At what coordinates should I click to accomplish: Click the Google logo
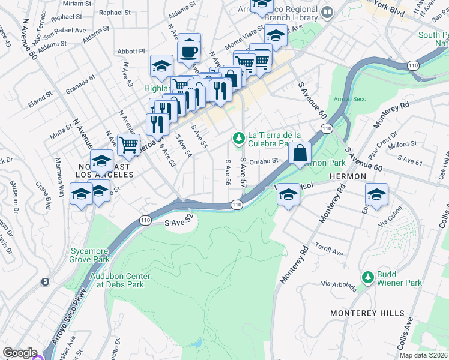pos(20,353)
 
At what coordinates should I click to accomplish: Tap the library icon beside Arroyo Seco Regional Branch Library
pos(327,12)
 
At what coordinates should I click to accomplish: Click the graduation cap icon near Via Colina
pos(376,194)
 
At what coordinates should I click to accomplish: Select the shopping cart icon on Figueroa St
pos(128,144)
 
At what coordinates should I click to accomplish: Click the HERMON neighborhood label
pos(348,176)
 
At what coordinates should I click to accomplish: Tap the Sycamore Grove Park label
pos(89,256)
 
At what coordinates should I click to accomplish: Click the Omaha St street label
pos(265,161)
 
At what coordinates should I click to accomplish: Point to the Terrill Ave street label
pos(329,250)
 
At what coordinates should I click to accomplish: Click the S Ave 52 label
pos(181,222)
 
